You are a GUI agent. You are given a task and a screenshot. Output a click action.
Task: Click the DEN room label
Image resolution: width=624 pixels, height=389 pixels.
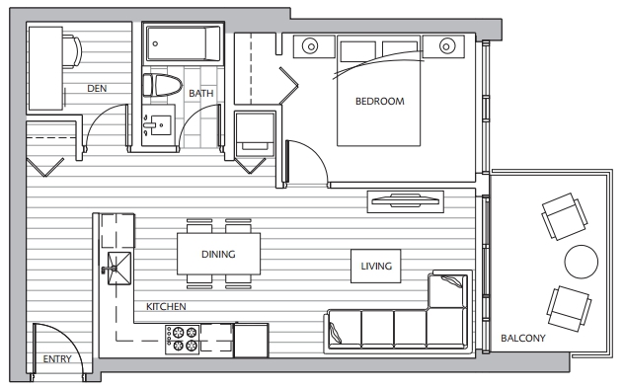pos(97,88)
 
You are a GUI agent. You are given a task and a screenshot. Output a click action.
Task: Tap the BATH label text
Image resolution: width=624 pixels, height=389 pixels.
pos(201,94)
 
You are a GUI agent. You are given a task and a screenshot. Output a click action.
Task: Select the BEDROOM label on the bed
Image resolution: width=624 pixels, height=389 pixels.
pos(380,102)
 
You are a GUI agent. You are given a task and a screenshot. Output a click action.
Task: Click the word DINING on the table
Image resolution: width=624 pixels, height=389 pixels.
pos(218,254)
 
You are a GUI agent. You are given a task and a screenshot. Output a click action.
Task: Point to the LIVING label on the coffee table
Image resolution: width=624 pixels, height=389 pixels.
pos(376,267)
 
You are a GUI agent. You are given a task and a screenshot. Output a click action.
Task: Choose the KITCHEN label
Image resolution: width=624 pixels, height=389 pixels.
pos(166,307)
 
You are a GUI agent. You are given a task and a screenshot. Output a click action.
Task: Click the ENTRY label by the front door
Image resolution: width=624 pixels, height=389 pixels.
pos(57,359)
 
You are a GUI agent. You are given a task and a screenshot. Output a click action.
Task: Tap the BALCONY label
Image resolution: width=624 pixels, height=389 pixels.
pos(523,338)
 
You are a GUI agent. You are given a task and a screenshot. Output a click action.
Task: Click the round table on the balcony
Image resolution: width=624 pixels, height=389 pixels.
pos(581,262)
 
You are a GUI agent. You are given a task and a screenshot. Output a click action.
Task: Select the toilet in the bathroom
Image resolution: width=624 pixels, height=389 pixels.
pos(162,85)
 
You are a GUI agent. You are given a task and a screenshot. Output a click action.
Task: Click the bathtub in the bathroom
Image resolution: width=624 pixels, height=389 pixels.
pos(183,43)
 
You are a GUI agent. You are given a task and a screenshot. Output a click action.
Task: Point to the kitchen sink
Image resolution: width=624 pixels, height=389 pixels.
pos(118,269)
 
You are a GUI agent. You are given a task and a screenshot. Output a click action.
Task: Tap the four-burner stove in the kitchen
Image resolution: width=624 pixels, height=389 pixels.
pos(183,340)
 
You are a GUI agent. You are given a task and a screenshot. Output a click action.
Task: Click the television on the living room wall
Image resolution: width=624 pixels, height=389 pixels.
pos(405,201)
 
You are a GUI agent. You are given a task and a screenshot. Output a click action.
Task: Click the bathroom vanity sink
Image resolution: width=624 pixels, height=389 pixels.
pos(158,125)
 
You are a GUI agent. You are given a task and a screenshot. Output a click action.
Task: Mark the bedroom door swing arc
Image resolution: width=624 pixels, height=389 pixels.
pos(314,153)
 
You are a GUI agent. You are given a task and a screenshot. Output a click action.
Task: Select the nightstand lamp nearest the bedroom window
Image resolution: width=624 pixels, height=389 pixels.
pos(447,46)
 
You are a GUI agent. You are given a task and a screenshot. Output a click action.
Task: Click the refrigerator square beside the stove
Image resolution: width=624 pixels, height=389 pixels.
pos(251,340)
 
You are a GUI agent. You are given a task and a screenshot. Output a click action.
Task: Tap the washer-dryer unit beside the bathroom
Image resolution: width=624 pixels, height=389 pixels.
pos(255,134)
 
